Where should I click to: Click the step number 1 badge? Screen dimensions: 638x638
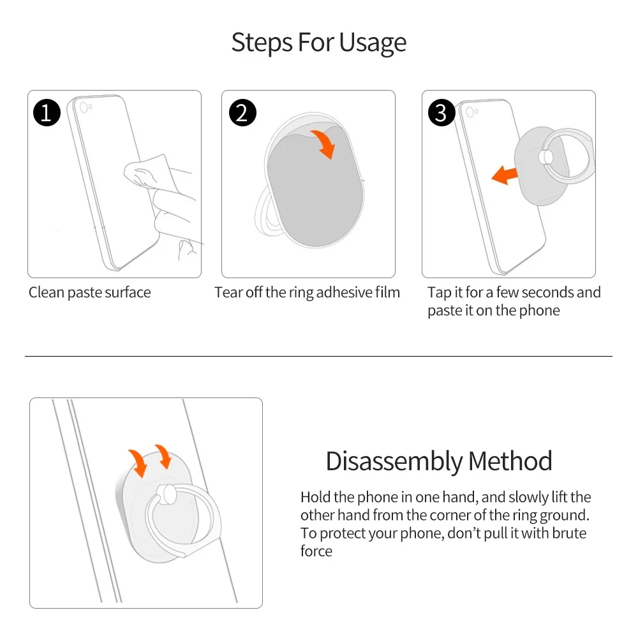click(x=47, y=113)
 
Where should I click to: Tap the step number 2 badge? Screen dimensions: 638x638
click(x=242, y=113)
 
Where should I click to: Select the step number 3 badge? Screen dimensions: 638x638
click(x=441, y=113)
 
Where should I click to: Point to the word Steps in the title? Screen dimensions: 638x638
click(x=262, y=42)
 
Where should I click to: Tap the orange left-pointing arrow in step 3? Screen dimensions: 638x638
click(x=505, y=175)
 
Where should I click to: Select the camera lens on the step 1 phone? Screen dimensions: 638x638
click(x=84, y=107)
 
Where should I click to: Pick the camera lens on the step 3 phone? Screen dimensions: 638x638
click(x=470, y=112)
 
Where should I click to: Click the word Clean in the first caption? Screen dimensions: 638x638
click(x=47, y=293)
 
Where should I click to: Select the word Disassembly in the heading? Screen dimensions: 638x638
click(x=394, y=461)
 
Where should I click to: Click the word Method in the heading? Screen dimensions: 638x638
click(x=510, y=461)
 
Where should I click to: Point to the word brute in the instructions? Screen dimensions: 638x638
click(x=569, y=533)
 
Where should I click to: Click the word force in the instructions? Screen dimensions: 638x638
click(x=316, y=551)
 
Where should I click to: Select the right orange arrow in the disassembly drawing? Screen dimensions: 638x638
click(x=163, y=456)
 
